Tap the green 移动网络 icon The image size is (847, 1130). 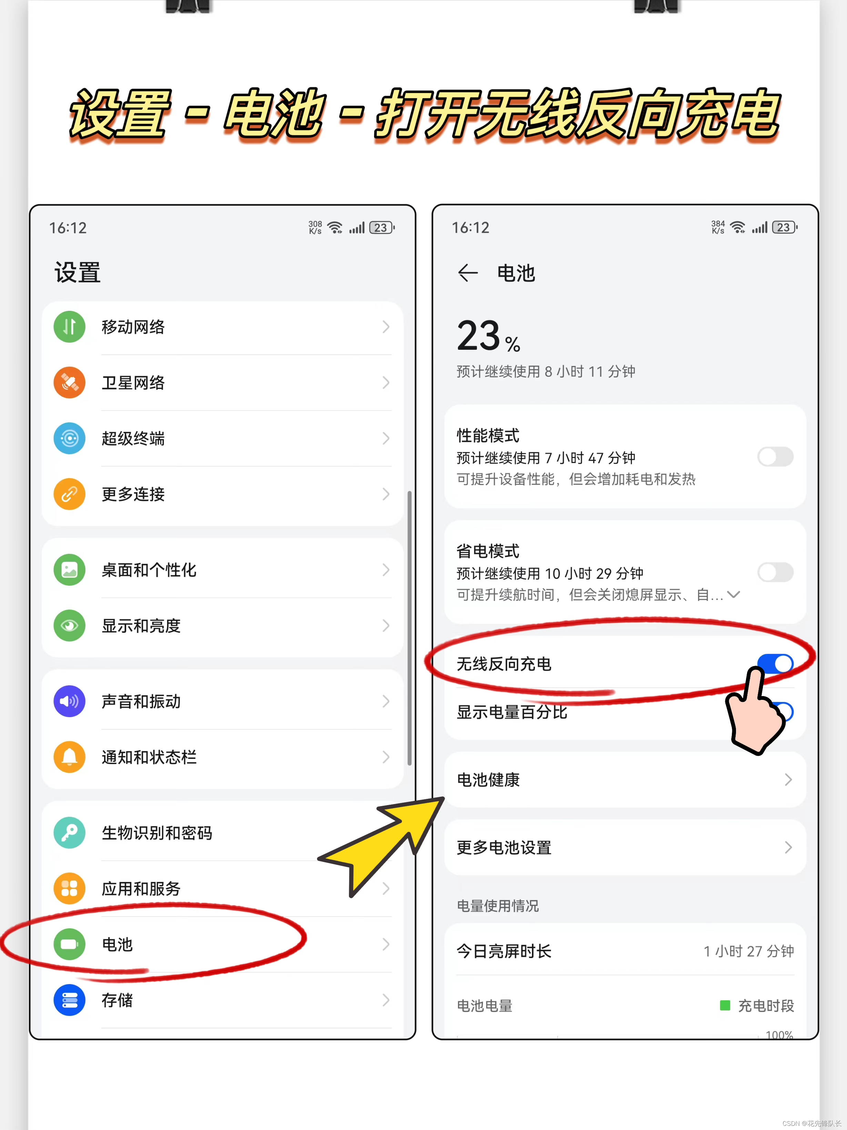(x=69, y=327)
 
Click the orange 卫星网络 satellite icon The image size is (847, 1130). (x=69, y=383)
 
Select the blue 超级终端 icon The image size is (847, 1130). (x=69, y=438)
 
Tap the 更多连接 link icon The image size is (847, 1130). (x=69, y=494)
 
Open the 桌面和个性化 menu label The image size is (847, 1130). (x=149, y=570)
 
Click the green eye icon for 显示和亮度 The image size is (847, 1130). (x=69, y=626)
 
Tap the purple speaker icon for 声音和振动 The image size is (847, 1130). (x=69, y=701)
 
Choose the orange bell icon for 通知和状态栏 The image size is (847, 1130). (x=69, y=757)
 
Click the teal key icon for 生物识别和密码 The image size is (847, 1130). (x=69, y=833)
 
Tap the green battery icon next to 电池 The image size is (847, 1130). (x=69, y=944)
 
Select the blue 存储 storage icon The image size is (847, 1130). (x=69, y=1000)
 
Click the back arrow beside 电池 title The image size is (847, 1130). (x=468, y=273)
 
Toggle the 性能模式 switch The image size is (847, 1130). (x=775, y=457)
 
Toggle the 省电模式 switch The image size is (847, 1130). (x=775, y=572)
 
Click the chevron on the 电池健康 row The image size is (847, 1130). (x=788, y=780)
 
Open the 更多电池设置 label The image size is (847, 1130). (x=504, y=847)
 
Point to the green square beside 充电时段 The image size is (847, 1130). (x=725, y=1005)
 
